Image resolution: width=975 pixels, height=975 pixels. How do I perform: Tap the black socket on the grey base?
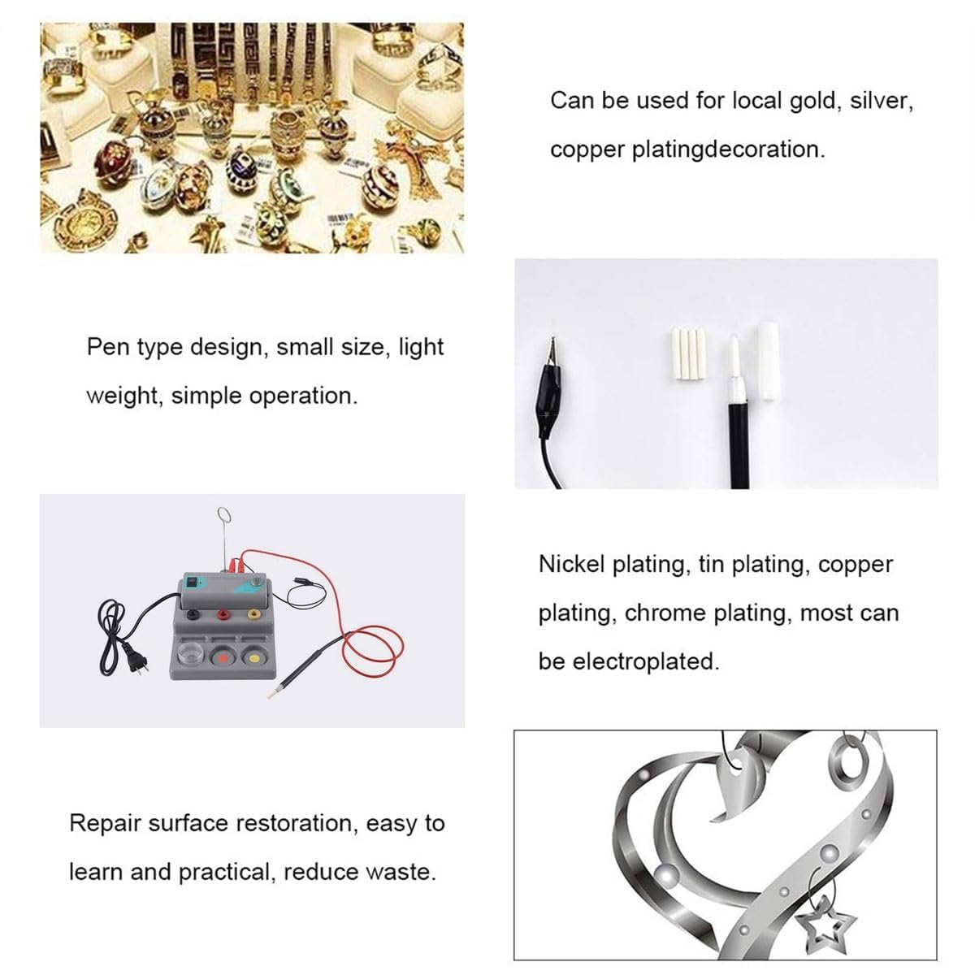click(193, 615)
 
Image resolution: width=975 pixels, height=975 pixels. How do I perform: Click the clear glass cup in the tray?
click(191, 656)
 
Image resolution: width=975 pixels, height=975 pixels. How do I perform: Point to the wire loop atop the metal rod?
click(223, 516)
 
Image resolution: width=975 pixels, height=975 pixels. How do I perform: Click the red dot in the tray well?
click(222, 658)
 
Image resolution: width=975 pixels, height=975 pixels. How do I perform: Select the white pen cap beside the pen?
click(768, 362)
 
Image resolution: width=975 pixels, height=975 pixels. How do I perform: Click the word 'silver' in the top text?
click(882, 101)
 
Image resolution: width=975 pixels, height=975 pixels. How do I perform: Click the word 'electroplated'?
click(646, 661)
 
